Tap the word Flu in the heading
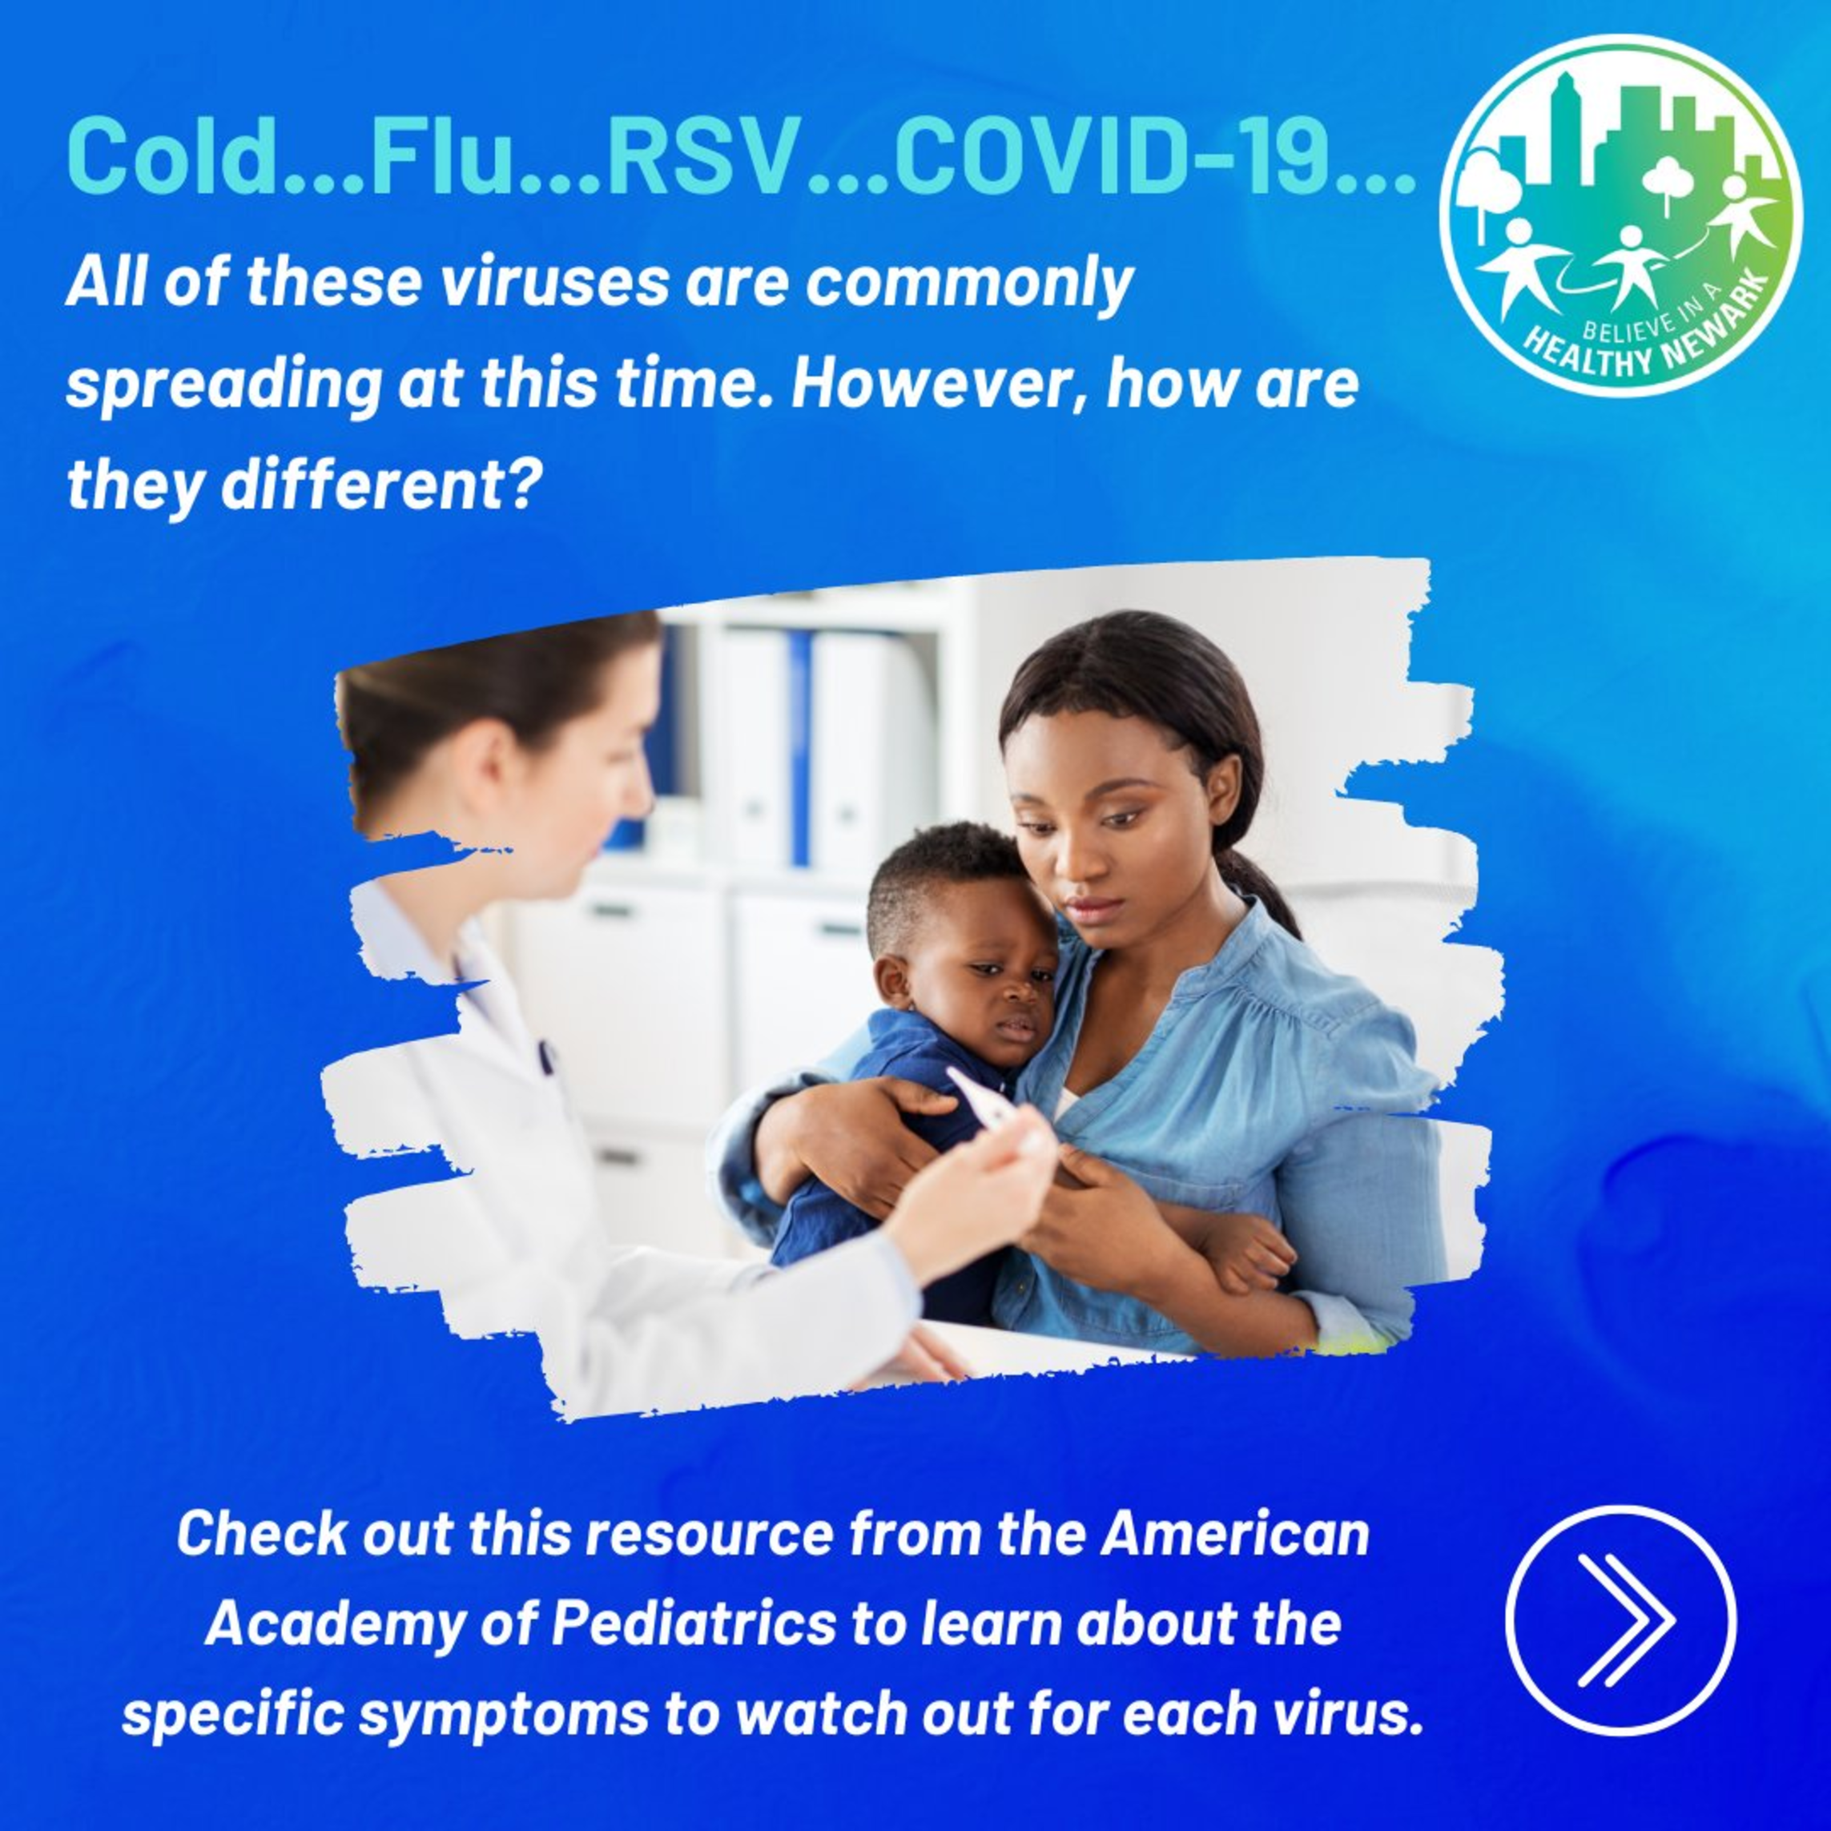[x=441, y=155]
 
